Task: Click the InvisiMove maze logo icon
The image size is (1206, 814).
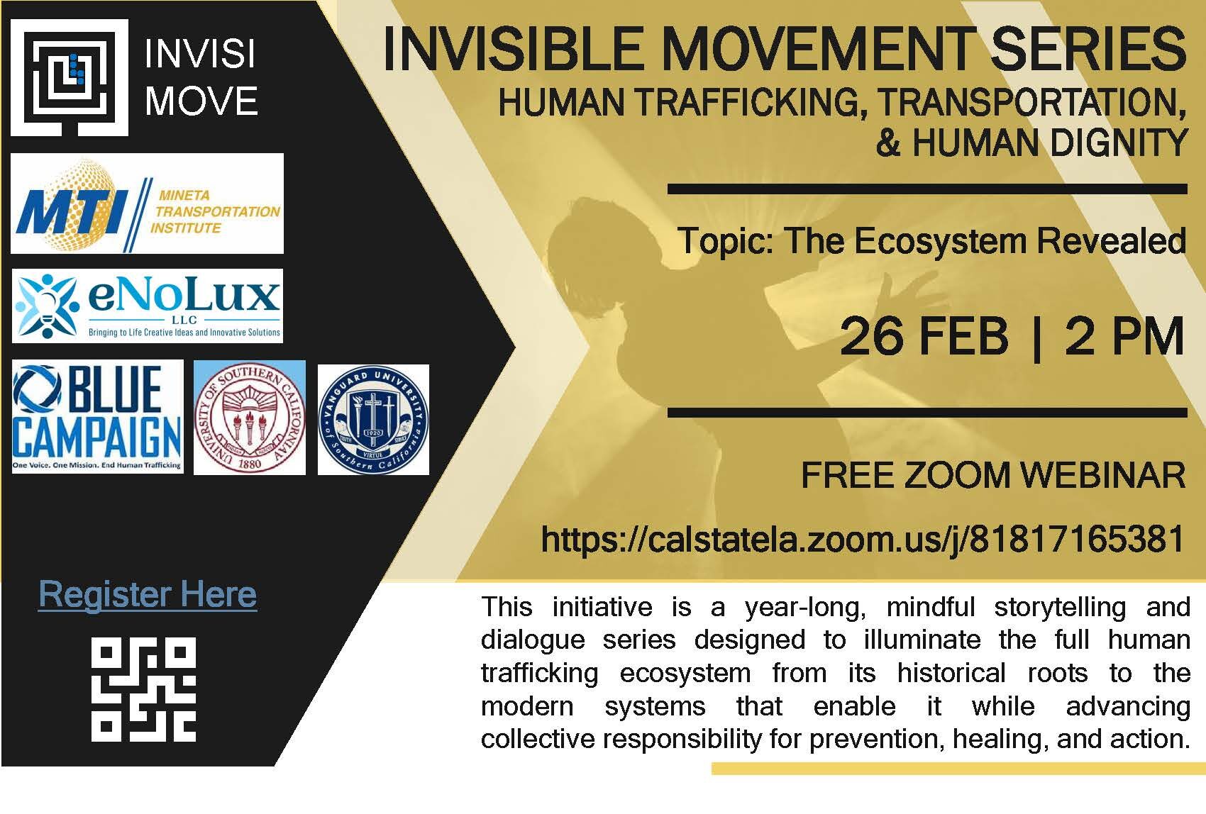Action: pyautogui.click(x=70, y=77)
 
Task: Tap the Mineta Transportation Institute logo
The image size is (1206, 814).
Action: pyautogui.click(x=147, y=203)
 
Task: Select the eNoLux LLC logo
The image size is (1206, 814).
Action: pyautogui.click(x=147, y=306)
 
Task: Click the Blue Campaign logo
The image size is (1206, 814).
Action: pyautogui.click(x=97, y=417)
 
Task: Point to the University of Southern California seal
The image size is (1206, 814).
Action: pyautogui.click(x=250, y=418)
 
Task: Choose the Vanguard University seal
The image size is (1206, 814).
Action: pyautogui.click(x=373, y=420)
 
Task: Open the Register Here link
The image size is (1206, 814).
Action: pyautogui.click(x=148, y=594)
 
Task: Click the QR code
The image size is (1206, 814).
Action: pyautogui.click(x=143, y=689)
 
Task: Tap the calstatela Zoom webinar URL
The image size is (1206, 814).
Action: pyautogui.click(x=863, y=539)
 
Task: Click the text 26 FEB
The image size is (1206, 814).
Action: pyautogui.click(x=924, y=337)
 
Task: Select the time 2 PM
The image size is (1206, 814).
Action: pyautogui.click(x=1124, y=337)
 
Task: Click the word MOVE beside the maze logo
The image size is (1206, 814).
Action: pyautogui.click(x=201, y=101)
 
